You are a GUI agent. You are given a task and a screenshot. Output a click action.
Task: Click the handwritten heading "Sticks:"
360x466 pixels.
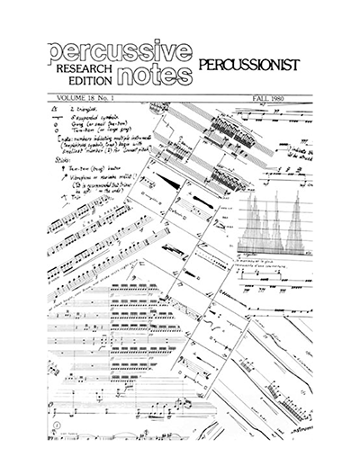pos(66,162)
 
